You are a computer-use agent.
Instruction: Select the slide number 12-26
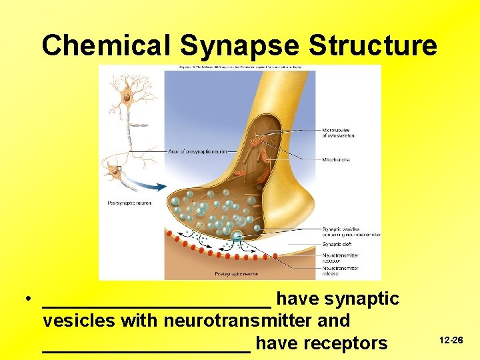coord(451,340)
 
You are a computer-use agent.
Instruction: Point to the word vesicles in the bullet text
coord(79,321)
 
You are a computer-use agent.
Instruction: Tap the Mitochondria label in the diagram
coord(337,160)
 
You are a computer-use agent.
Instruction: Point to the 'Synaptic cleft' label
coord(336,245)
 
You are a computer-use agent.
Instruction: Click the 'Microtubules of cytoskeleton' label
coord(338,133)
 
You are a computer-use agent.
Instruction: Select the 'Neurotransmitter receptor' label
coord(340,258)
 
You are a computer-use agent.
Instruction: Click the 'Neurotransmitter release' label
coord(340,271)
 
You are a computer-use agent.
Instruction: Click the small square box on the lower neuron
coord(118,169)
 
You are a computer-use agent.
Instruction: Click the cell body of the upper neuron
coord(125,97)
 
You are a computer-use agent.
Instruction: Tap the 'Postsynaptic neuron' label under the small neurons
coord(129,203)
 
